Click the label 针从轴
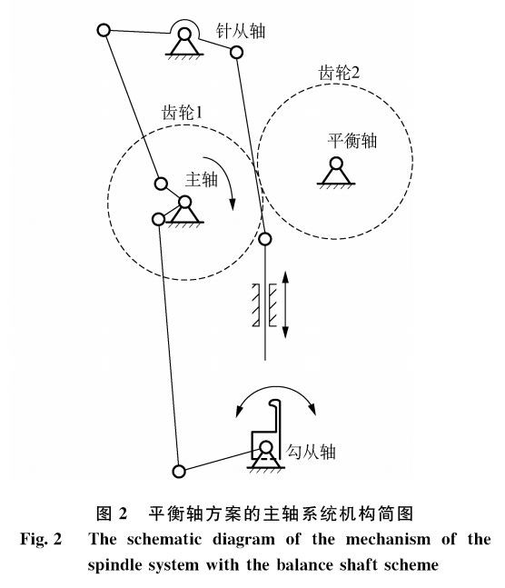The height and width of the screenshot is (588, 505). click(241, 30)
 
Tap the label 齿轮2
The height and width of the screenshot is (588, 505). click(339, 73)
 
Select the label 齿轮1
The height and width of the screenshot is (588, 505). click(182, 112)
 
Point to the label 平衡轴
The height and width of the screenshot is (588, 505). click(352, 141)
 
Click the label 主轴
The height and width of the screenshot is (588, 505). click(202, 179)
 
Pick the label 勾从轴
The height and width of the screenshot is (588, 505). click(311, 452)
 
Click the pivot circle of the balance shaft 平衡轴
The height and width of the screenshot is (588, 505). click(336, 164)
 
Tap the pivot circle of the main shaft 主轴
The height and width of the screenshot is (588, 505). click(184, 202)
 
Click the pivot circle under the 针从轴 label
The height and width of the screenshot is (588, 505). click(184, 35)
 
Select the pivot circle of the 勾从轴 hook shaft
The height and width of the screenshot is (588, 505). click(266, 447)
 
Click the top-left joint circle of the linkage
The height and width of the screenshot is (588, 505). click(104, 30)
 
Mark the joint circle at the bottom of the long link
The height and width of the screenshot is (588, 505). click(179, 471)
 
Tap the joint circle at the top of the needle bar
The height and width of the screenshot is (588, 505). click(265, 239)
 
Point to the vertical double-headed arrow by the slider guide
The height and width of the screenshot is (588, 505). click(285, 304)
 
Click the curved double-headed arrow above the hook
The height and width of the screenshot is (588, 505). click(275, 387)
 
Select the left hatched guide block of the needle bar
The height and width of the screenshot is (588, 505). click(256, 304)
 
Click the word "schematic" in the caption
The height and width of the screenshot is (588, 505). click(163, 540)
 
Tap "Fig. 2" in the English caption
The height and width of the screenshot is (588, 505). click(41, 540)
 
